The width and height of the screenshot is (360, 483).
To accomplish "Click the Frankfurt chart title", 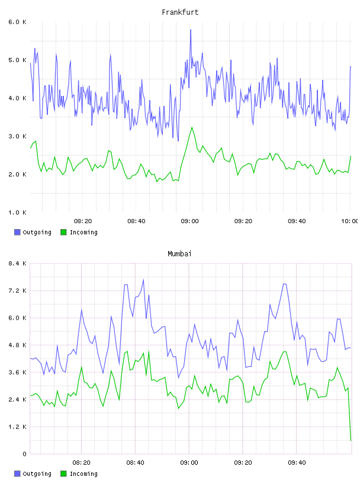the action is click(x=180, y=12).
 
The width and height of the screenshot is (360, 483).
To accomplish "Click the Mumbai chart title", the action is click(x=179, y=254).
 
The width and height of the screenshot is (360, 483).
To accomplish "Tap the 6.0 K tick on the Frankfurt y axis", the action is click(x=17, y=22).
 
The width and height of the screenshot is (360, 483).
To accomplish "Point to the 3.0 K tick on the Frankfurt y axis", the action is click(x=17, y=136).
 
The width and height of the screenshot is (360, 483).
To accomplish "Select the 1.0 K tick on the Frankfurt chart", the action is click(x=17, y=212).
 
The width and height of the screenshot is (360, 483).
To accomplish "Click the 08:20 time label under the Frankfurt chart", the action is click(x=83, y=221).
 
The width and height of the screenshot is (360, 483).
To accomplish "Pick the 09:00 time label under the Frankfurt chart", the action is click(x=189, y=221).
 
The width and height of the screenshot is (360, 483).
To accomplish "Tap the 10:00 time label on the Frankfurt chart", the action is click(x=350, y=221).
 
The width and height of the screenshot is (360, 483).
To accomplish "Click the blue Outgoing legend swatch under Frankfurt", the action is click(x=17, y=232).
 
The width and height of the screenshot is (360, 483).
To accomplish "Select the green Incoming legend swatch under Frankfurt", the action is click(x=63, y=232).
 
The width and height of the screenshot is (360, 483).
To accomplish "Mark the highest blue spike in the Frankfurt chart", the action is click(x=191, y=30).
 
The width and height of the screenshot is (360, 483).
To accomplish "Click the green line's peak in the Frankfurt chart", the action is click(x=192, y=127).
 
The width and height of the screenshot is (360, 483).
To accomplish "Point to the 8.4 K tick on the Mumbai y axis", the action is click(x=17, y=263).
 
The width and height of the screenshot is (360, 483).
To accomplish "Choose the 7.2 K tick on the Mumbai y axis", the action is click(x=17, y=291).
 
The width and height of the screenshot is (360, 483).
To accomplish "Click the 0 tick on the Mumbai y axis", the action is click(x=24, y=454).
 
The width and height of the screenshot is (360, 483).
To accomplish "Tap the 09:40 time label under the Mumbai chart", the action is click(x=297, y=463).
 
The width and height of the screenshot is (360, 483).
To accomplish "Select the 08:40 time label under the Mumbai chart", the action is click(x=135, y=463).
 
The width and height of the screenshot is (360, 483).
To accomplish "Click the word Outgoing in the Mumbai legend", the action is click(x=37, y=474).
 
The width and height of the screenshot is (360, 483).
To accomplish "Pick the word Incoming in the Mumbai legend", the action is click(x=83, y=474).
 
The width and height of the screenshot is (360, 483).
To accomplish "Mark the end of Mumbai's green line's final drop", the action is click(x=351, y=440).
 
